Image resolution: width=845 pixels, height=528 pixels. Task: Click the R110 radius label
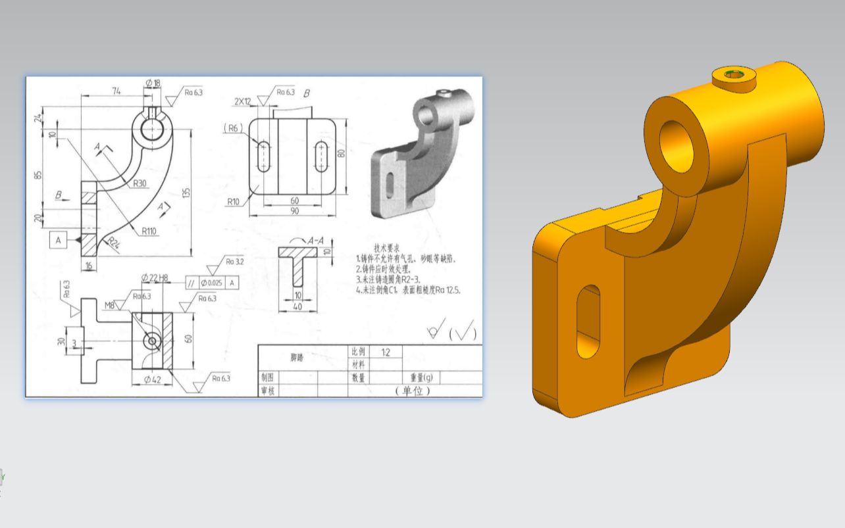click(149, 231)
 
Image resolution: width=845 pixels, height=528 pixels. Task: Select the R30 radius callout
click(140, 183)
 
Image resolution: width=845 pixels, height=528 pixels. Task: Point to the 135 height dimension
click(186, 193)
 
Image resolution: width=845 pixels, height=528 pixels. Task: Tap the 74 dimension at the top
click(116, 91)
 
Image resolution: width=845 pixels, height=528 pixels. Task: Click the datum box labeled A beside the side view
click(58, 240)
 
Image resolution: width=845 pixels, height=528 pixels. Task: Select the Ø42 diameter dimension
click(153, 379)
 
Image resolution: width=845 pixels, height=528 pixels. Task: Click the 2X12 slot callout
click(243, 101)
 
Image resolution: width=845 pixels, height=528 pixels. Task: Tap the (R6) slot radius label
click(233, 128)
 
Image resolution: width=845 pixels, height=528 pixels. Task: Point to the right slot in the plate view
click(322, 156)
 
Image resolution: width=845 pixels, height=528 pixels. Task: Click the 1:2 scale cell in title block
click(385, 352)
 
